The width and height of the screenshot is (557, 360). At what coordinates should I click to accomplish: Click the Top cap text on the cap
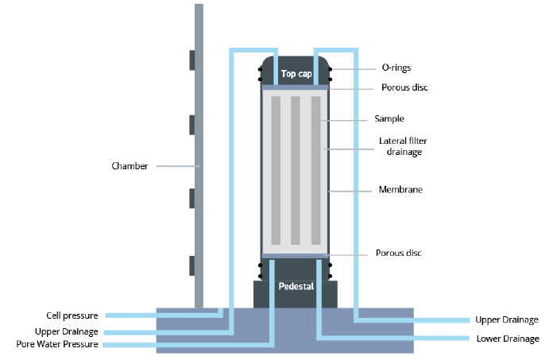[x=295, y=74]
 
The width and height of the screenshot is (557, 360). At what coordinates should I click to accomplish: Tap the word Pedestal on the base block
[x=295, y=286]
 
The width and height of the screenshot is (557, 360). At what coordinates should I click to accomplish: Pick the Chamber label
[x=130, y=166]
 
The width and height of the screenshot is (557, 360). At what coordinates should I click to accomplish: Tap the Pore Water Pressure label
[x=56, y=345]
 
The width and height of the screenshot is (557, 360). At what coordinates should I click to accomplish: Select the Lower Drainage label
[x=508, y=339]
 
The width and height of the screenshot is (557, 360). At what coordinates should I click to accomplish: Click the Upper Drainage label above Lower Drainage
[x=508, y=319]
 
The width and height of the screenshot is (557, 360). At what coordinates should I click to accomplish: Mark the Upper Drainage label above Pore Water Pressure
[x=67, y=331]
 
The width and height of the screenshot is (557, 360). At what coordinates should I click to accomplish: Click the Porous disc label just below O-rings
[x=401, y=87]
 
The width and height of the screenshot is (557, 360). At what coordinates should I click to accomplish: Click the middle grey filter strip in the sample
[x=295, y=170]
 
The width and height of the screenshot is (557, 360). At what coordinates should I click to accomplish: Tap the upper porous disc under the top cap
[x=295, y=87]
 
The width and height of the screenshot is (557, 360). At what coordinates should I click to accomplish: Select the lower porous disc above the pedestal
[x=295, y=255]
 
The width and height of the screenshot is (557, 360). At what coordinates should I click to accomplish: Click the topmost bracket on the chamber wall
[x=192, y=60]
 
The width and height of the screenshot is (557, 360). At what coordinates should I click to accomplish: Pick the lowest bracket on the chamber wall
[x=192, y=265]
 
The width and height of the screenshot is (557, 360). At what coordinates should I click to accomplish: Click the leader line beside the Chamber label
[x=177, y=166]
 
